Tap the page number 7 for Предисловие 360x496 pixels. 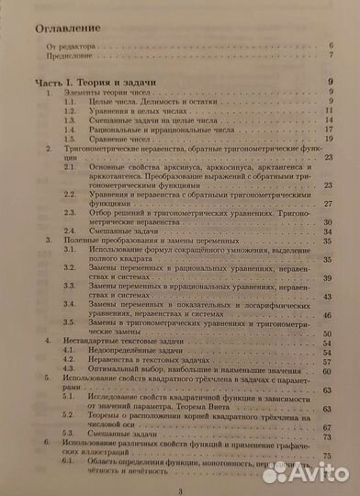click(329, 54)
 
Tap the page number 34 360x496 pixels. click(327, 204)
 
